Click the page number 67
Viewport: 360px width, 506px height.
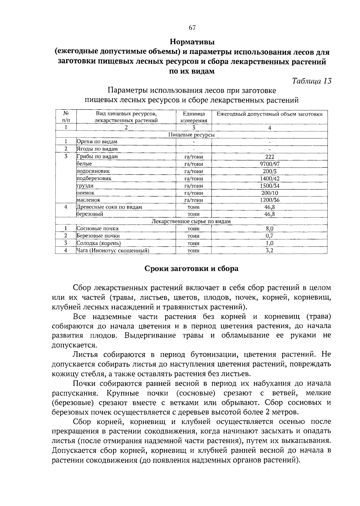coord(192,28)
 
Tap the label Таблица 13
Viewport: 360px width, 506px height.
coord(312,81)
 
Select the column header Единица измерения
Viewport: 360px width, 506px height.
coord(193,117)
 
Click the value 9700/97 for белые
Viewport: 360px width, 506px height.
coord(269,164)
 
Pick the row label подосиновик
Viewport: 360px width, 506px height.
coord(93,171)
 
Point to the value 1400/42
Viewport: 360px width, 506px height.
coord(269,178)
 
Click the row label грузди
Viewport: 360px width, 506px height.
coord(85,186)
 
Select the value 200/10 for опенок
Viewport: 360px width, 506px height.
coord(269,193)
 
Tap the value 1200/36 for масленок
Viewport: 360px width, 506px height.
coord(269,200)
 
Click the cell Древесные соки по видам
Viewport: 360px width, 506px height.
coord(109,207)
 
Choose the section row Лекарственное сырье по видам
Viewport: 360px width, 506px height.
coord(191,222)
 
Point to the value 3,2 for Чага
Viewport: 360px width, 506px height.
coord(269,250)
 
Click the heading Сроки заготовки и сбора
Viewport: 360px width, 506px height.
coord(191,268)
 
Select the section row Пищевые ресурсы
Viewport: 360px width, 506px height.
coord(191,135)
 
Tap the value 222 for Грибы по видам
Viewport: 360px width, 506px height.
coord(269,157)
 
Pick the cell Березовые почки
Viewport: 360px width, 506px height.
coord(98,236)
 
